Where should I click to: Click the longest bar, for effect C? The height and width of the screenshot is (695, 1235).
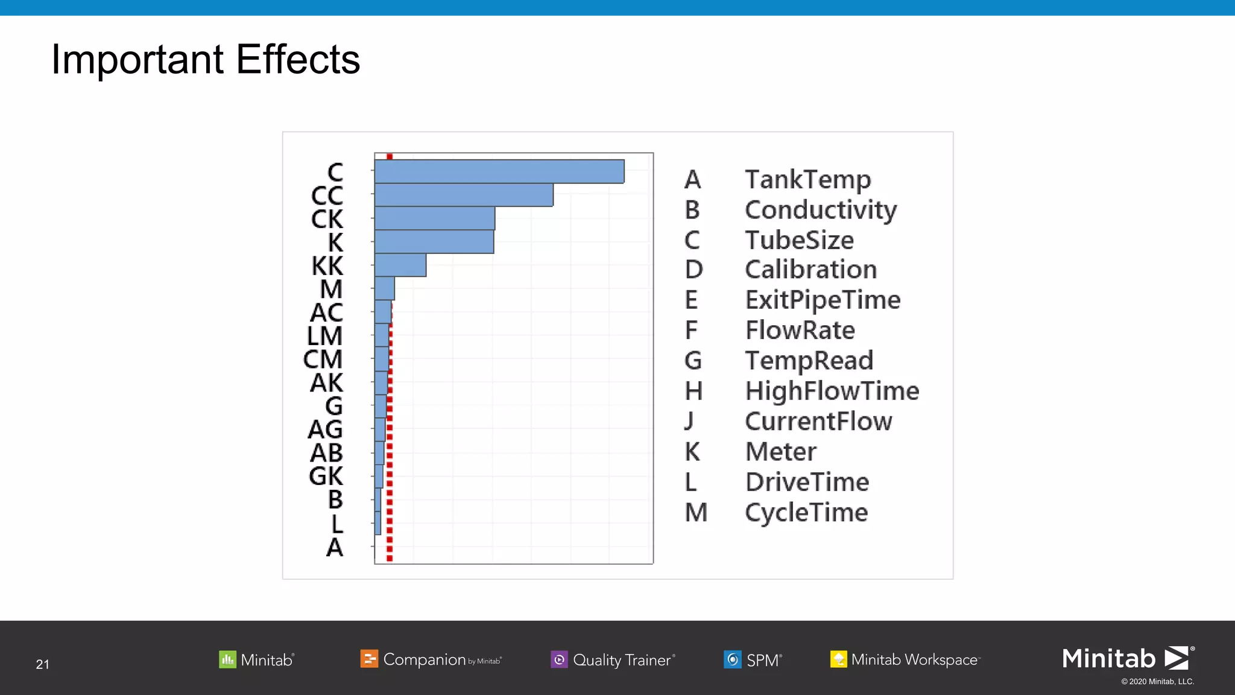point(499,171)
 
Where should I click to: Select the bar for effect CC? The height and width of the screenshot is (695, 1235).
point(464,195)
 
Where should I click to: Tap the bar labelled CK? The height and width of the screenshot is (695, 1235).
point(435,218)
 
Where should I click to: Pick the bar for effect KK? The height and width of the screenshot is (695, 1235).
point(400,265)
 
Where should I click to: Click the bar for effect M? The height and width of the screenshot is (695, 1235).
point(385,289)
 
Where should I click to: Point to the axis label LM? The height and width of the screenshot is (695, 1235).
point(324,336)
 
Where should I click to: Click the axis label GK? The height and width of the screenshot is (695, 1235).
point(326,477)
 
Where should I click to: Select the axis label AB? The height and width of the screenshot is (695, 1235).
point(326,453)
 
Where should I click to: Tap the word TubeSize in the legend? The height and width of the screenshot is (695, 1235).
point(799,240)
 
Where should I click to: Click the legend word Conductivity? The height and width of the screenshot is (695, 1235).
point(821,210)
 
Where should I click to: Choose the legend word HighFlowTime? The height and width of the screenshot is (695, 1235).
point(832,391)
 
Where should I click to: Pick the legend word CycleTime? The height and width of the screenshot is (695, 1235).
point(806,513)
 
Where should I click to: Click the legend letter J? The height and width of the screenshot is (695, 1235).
point(689,421)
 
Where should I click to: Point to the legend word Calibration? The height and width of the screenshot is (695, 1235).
point(810,270)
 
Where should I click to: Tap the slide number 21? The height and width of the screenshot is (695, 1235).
point(42,664)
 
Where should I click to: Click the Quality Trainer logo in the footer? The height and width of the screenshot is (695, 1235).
point(613,659)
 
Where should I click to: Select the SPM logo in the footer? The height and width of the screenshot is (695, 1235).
point(753,659)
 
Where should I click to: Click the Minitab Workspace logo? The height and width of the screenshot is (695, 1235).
point(905,659)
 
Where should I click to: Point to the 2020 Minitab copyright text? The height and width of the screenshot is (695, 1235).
point(1157,682)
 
